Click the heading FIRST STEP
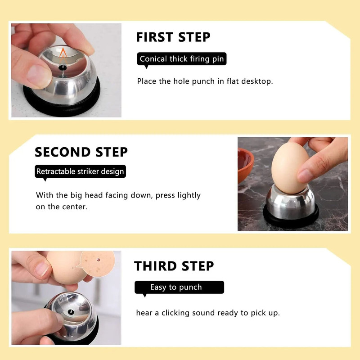(x=173, y=37)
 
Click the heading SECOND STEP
(x=81, y=152)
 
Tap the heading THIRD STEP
(x=174, y=266)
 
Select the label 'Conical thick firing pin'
(x=181, y=59)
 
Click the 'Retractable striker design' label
(x=80, y=171)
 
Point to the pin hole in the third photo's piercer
(x=71, y=311)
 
